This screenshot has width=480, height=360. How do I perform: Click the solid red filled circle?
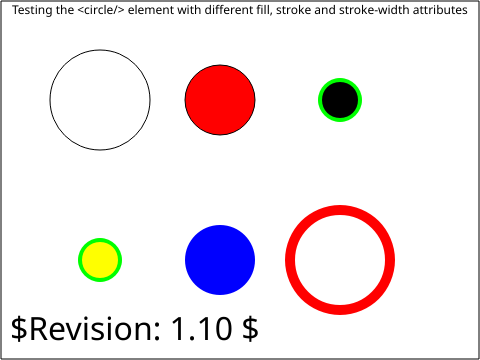(220, 100)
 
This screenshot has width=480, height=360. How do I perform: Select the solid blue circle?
(220, 260)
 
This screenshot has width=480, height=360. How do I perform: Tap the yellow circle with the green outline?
(100, 260)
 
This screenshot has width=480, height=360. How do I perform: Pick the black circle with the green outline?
(340, 100)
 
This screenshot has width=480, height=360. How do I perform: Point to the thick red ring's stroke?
(340, 210)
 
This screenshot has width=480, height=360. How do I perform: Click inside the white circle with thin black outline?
(100, 100)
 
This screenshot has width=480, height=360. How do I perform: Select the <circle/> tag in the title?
(101, 10)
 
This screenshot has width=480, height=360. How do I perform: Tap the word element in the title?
(151, 10)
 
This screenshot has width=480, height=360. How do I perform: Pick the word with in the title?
(189, 10)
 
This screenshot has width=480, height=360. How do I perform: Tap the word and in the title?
(325, 10)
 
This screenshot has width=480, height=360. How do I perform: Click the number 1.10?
(202, 328)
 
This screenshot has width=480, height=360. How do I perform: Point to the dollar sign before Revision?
(19, 328)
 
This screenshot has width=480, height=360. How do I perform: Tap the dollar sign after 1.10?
(250, 328)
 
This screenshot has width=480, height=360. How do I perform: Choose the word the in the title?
(65, 10)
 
